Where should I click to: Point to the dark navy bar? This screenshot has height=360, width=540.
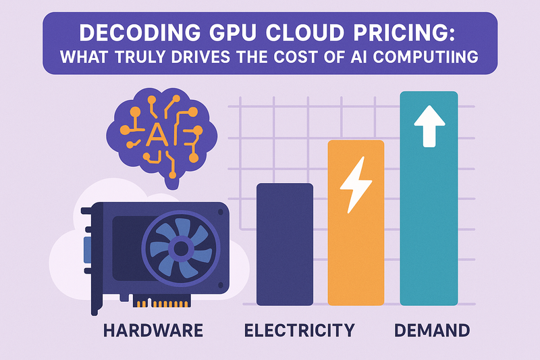tap(285, 244)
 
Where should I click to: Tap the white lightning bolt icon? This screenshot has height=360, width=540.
tap(354, 186)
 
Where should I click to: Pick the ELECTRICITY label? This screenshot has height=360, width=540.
tap(299, 331)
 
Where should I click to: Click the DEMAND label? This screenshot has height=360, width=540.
tap(431, 331)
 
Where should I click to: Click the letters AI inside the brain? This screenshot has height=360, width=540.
tap(160, 135)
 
